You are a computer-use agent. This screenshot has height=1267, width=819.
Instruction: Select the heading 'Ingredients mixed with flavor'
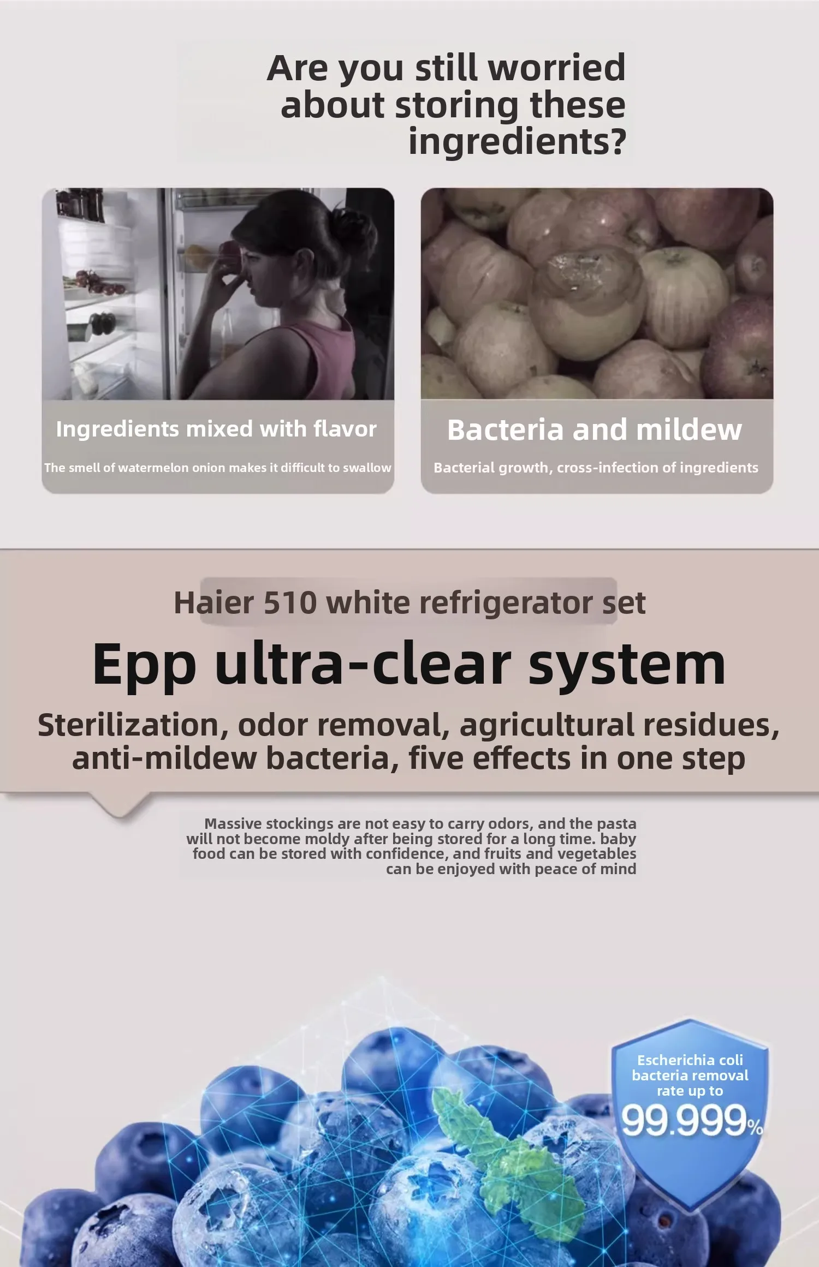[x=216, y=429]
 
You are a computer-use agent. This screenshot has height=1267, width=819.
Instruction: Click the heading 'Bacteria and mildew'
[x=595, y=429]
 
